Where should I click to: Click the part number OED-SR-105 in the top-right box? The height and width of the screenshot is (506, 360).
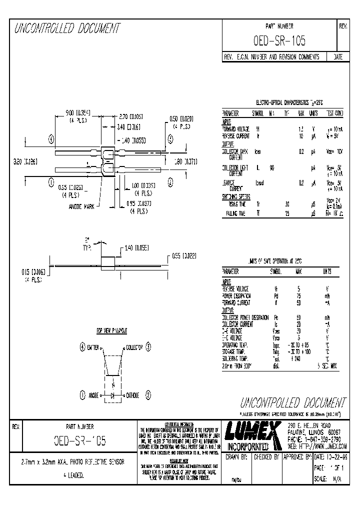coord(279,40)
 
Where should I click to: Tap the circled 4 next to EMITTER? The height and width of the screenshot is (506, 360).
coord(82,346)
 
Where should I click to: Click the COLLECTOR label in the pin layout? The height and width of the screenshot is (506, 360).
coord(134,346)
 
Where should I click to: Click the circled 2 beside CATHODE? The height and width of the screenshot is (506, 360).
coord(148,395)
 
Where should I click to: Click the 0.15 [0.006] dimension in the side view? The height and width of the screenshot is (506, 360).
coord(31,272)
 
